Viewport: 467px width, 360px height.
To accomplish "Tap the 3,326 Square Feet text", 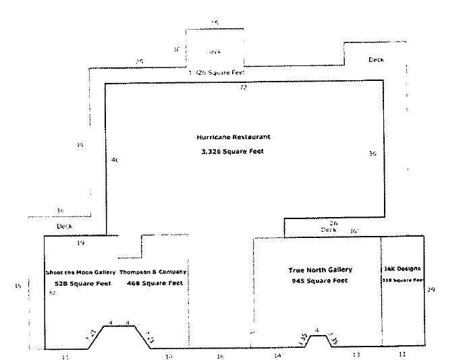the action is point(233,152).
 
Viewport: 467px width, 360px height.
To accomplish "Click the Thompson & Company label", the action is point(153,272).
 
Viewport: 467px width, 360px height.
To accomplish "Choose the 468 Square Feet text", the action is point(155,284).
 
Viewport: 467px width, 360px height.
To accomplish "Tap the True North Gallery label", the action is point(320,270).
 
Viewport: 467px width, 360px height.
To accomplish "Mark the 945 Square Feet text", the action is point(320,280).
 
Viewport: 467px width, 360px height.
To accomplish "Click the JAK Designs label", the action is point(402,268).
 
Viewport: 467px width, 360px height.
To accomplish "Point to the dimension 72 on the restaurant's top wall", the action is point(244,88).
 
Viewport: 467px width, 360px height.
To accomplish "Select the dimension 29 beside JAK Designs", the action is point(431,289).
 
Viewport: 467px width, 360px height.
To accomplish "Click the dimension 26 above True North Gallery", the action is point(333,222).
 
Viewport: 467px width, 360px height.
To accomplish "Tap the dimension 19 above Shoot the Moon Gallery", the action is point(81,243).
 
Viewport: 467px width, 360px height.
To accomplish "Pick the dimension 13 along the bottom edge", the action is point(356,355).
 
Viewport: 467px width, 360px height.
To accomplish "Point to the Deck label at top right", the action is point(376,60).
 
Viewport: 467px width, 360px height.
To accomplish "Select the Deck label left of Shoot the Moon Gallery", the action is point(64,227).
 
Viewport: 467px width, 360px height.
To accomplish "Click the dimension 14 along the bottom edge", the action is point(277,355).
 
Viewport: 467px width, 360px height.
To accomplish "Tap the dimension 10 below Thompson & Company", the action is point(169,355).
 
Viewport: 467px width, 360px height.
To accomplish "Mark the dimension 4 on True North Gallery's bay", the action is point(317,330).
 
